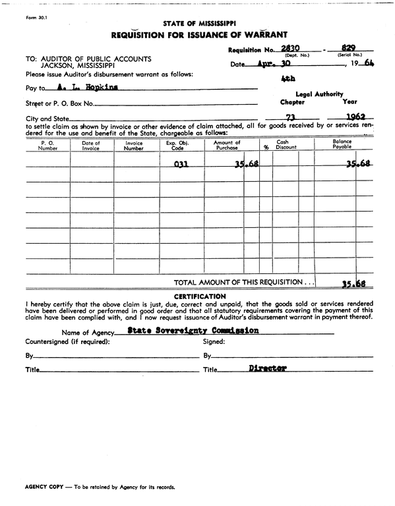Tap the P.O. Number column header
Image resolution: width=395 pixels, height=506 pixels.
(48, 145)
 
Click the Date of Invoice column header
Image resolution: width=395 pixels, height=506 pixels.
(91, 145)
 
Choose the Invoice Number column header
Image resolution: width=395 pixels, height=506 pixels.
(134, 145)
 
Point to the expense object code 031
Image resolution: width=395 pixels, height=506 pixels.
(181, 165)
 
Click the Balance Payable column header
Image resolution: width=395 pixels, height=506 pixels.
(342, 145)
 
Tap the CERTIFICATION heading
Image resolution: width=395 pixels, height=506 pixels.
(198, 296)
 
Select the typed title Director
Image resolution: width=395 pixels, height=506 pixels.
(268, 369)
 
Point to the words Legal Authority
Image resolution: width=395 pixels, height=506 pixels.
(319, 94)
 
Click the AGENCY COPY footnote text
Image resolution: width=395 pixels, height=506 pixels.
(100, 487)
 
